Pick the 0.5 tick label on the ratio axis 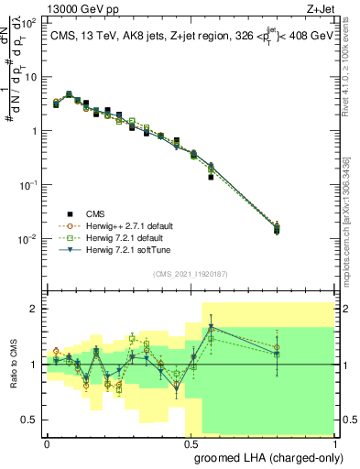31,420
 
